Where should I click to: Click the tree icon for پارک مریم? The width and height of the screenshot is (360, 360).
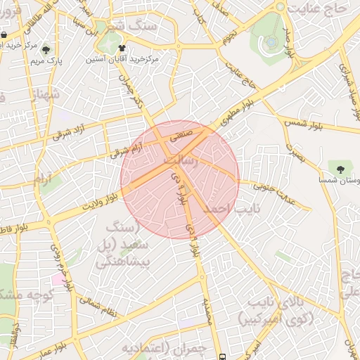(x=46, y=50)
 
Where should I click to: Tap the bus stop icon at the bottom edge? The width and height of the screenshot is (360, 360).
(x=223, y=356)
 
